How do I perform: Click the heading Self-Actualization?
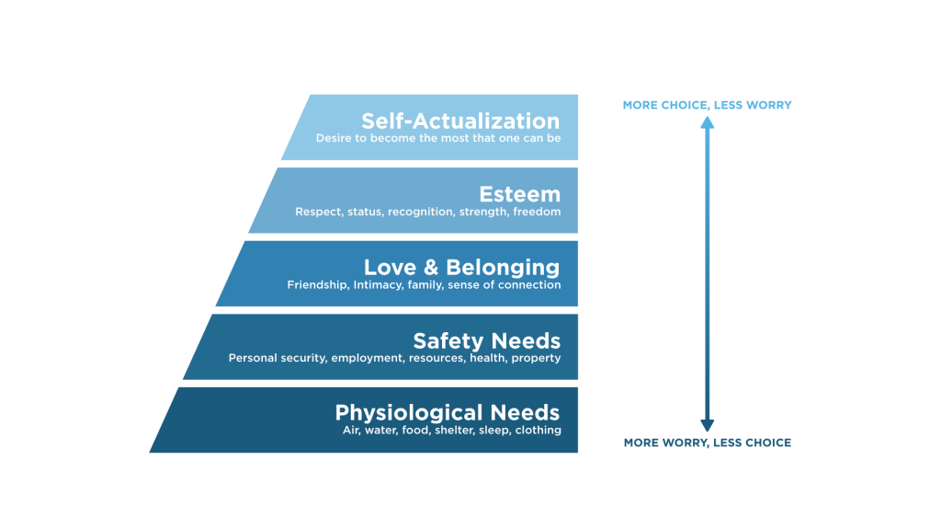click(459, 121)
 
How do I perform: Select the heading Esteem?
click(519, 194)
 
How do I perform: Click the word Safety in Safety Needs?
click(448, 341)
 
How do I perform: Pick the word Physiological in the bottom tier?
click(408, 413)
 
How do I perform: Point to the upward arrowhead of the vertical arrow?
click(708, 122)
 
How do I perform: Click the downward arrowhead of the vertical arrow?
click(708, 425)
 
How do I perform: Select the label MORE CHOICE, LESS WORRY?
click(707, 105)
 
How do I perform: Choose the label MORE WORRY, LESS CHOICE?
click(707, 443)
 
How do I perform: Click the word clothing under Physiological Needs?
click(538, 431)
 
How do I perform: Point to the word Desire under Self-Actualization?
click(334, 139)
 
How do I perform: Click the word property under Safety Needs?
click(536, 358)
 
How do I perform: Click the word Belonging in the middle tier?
click(503, 268)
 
